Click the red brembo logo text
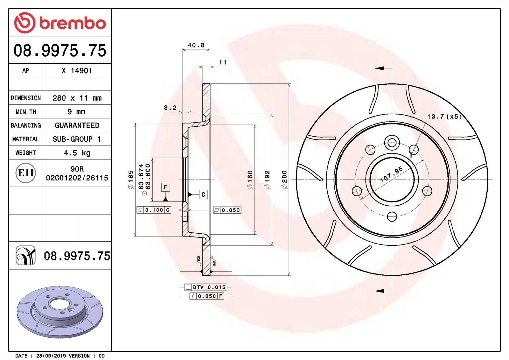click(x=72, y=23)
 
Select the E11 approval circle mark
click(x=25, y=173)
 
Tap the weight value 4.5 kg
click(x=77, y=153)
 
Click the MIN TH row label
click(x=26, y=112)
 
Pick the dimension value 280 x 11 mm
click(x=77, y=98)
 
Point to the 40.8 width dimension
click(x=196, y=45)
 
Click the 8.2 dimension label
click(x=170, y=108)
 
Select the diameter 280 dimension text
click(x=284, y=180)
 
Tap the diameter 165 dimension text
click(x=131, y=180)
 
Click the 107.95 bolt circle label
click(x=391, y=174)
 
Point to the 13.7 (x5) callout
click(x=444, y=116)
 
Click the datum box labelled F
click(x=165, y=187)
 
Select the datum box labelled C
click(x=203, y=194)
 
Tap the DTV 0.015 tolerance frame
click(x=206, y=287)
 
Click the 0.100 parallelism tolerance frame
click(x=154, y=210)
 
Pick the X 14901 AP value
click(x=77, y=71)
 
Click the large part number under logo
click(x=60, y=50)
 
